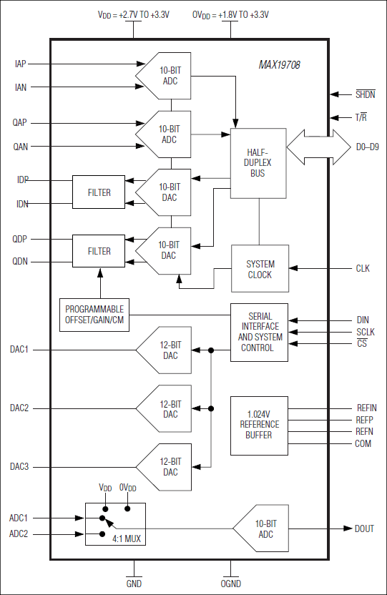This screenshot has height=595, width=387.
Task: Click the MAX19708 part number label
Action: (x=280, y=65)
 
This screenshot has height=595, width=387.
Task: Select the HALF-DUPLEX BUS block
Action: (x=258, y=162)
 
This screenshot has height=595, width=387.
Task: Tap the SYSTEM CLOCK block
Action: (x=259, y=268)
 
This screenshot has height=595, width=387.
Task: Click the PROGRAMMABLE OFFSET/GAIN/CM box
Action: (x=94, y=314)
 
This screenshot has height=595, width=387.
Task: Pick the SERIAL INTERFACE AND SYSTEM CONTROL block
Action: (x=259, y=333)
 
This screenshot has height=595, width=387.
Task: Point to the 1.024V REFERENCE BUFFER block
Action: (x=259, y=425)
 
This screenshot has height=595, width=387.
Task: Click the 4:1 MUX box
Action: (x=115, y=524)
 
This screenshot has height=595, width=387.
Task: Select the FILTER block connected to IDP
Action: (x=99, y=192)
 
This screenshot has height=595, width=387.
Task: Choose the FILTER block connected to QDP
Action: (x=99, y=251)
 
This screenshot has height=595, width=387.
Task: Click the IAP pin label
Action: (x=20, y=64)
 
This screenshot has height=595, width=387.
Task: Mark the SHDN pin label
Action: (x=365, y=94)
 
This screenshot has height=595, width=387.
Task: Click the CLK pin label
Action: (x=363, y=269)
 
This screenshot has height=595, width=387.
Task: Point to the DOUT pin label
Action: (x=364, y=528)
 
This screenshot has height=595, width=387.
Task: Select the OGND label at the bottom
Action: (x=231, y=584)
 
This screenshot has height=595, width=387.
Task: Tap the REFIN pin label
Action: (x=366, y=408)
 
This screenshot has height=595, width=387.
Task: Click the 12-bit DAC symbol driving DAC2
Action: (x=165, y=409)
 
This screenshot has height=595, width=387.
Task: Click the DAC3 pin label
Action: (x=20, y=467)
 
